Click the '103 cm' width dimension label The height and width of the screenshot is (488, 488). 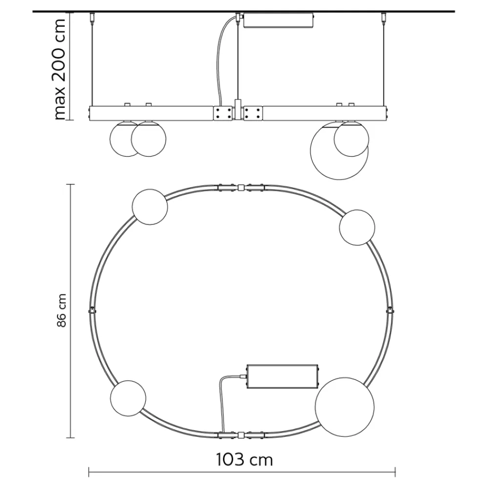244,460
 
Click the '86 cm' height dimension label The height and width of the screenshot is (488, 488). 62,310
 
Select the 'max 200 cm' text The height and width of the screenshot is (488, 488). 60,69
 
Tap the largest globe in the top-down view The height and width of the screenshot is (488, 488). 345,407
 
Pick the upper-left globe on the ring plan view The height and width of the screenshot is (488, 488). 150,207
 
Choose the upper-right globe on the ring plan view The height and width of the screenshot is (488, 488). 357,227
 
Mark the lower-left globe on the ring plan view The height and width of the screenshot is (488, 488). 128,398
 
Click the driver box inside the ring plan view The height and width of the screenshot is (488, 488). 283,376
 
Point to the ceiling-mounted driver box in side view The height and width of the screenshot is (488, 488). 278,20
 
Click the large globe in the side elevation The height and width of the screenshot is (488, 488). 339,150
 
